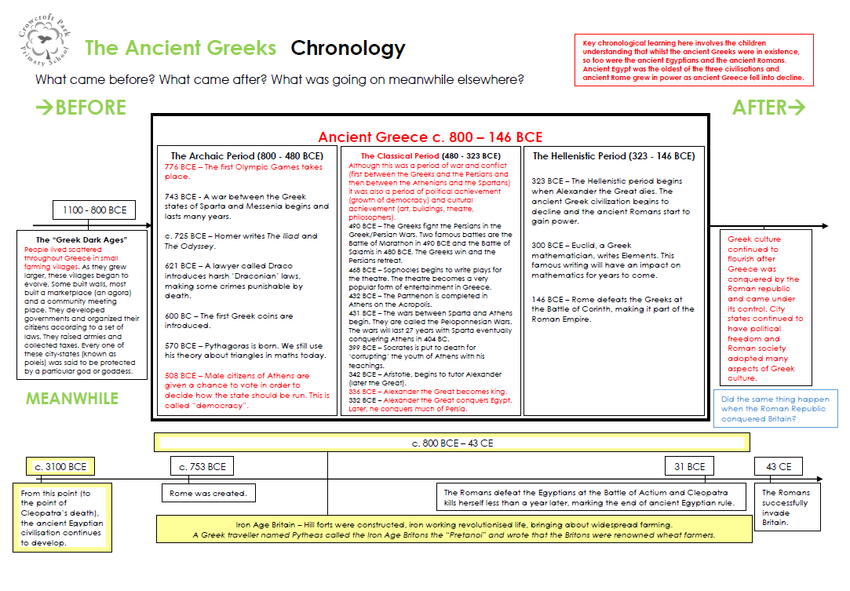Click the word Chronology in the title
click(348, 49)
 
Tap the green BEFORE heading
click(81, 108)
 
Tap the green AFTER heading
click(768, 108)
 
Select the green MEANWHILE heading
click(72, 399)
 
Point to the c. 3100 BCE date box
click(60, 466)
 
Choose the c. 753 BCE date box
click(202, 466)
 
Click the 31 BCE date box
click(689, 466)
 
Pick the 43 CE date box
click(779, 466)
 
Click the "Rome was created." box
click(208, 494)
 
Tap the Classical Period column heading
click(430, 156)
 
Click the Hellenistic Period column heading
click(614, 156)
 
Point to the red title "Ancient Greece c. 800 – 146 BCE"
click(430, 137)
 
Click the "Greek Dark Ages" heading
click(82, 239)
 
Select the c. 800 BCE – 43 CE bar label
click(452, 443)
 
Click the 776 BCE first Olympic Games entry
click(243, 172)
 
